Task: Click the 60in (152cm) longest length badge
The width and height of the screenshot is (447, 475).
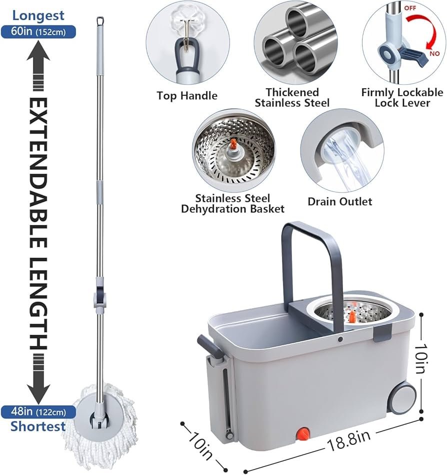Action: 38,31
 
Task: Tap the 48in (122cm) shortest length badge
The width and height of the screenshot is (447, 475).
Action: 38,412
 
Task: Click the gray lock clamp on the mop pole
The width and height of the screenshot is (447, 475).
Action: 100,298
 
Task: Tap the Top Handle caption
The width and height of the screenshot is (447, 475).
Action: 187,96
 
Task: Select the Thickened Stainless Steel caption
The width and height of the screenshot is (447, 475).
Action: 292,97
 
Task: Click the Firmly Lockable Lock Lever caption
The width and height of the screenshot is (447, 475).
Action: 402,97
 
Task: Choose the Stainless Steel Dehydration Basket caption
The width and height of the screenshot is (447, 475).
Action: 232,203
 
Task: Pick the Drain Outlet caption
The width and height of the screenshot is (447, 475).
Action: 340,201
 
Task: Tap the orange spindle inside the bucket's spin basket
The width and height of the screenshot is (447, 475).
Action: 352,316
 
